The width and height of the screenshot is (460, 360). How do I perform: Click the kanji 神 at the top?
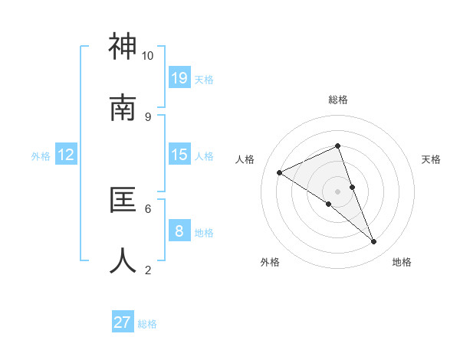[123, 47]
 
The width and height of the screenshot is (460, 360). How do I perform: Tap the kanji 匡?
[123, 200]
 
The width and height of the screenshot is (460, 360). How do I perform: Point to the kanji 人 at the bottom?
[123, 260]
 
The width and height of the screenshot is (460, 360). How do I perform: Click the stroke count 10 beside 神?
[148, 55]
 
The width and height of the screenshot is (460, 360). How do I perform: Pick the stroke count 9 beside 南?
[148, 116]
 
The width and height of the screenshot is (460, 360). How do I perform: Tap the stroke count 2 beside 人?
[148, 270]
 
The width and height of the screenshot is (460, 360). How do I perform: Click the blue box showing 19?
[179, 77]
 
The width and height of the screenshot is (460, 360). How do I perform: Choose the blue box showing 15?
[179, 155]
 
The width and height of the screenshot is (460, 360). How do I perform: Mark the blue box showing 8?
[179, 231]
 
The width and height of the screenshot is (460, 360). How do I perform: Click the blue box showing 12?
[66, 155]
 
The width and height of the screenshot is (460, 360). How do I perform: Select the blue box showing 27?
[123, 322]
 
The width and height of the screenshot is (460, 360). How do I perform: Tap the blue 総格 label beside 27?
[147, 324]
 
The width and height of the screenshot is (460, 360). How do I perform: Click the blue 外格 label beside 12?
[41, 156]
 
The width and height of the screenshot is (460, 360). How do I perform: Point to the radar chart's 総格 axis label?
[337, 100]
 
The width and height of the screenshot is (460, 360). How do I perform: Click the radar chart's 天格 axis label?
[431, 159]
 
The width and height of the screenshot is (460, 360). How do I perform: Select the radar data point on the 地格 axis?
[374, 241]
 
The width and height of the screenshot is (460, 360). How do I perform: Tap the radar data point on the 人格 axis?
[280, 172]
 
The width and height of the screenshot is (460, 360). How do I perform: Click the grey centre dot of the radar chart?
[337, 191]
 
